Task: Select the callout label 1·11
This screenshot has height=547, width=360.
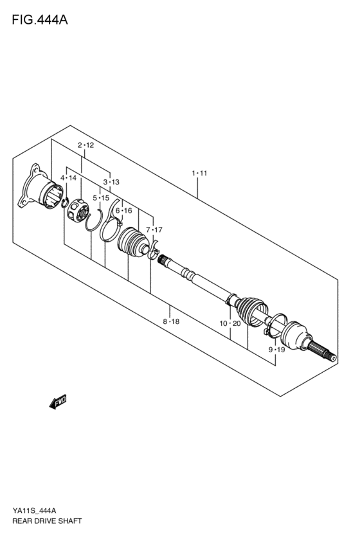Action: (x=199, y=173)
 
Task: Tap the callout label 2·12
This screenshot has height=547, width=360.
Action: (x=85, y=145)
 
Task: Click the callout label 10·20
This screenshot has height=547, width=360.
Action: (x=230, y=323)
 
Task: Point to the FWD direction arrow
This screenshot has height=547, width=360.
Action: (x=58, y=402)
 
